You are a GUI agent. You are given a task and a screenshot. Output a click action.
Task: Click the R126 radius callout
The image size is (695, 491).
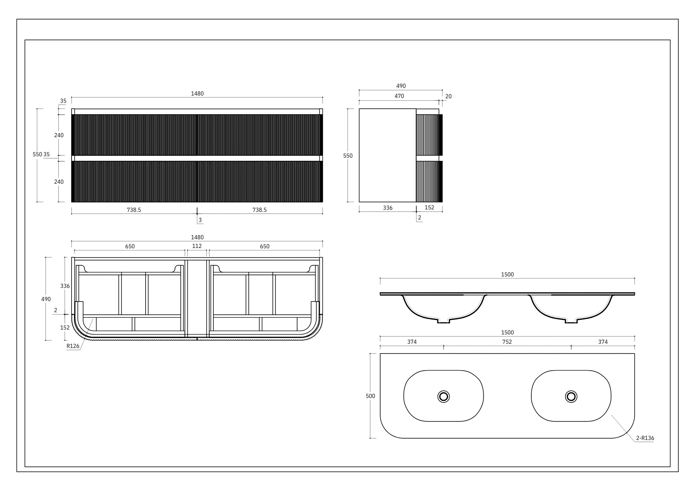click(x=73, y=346)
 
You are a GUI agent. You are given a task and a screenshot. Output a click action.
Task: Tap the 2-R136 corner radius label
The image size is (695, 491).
click(x=645, y=438)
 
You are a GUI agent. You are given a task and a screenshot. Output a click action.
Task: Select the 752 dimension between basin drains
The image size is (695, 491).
click(x=507, y=342)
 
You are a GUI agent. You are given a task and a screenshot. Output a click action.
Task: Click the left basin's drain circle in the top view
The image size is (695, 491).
click(x=443, y=396)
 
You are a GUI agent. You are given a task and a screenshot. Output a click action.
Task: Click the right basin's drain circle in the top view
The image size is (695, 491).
click(x=571, y=396)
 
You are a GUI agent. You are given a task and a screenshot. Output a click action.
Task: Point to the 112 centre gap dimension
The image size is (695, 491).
click(x=197, y=246)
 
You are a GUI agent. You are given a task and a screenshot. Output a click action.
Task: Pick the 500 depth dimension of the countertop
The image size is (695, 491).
click(x=370, y=396)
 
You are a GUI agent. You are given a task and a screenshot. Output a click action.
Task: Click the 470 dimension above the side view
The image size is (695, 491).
click(x=399, y=96)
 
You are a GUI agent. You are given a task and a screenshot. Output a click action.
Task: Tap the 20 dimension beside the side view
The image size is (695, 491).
click(x=448, y=96)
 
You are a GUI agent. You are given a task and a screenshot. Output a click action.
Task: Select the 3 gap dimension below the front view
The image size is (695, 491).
click(x=200, y=220)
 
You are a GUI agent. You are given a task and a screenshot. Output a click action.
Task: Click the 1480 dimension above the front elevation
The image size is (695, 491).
click(x=197, y=93)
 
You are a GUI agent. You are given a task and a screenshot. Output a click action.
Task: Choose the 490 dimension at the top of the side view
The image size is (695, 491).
click(x=401, y=86)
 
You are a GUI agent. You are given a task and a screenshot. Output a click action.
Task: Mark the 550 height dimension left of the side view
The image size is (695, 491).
click(x=348, y=156)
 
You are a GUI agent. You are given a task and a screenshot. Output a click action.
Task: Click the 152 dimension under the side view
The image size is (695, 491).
click(x=430, y=207)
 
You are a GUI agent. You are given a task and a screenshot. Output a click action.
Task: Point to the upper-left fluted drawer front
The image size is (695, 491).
click(x=134, y=135)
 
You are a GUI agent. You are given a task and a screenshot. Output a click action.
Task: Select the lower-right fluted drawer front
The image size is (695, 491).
click(x=260, y=181)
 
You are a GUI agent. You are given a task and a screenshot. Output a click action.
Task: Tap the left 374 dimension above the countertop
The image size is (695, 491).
click(x=412, y=342)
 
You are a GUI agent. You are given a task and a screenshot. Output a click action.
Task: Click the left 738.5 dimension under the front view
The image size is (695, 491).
click(x=134, y=210)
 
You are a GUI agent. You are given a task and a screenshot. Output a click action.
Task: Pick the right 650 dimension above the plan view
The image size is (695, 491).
click(x=264, y=246)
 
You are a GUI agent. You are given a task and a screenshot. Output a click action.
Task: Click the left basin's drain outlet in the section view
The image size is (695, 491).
click(x=443, y=321)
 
